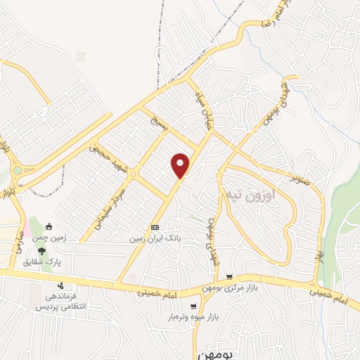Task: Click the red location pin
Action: click(181, 164)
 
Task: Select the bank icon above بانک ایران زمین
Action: click(155, 228)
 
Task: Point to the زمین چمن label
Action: click(51, 238)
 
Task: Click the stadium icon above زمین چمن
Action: click(49, 226)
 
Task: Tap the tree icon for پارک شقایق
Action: click(42, 251)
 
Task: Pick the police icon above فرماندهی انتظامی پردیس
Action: click(61, 285)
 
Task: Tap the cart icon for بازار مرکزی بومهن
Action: click(229, 278)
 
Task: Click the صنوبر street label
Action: click(303, 175)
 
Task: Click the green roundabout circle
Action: click(17, 171)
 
